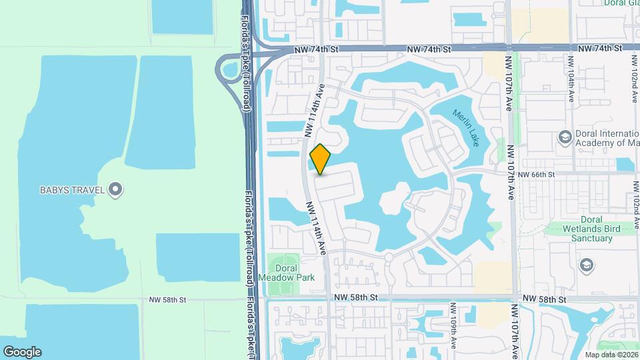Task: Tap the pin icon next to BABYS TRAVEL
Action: [116, 191]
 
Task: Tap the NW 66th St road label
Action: [535, 175]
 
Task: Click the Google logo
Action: [22, 351]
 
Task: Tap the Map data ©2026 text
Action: [611, 354]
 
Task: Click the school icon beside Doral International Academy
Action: [565, 137]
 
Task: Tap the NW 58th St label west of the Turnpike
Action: [167, 300]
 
